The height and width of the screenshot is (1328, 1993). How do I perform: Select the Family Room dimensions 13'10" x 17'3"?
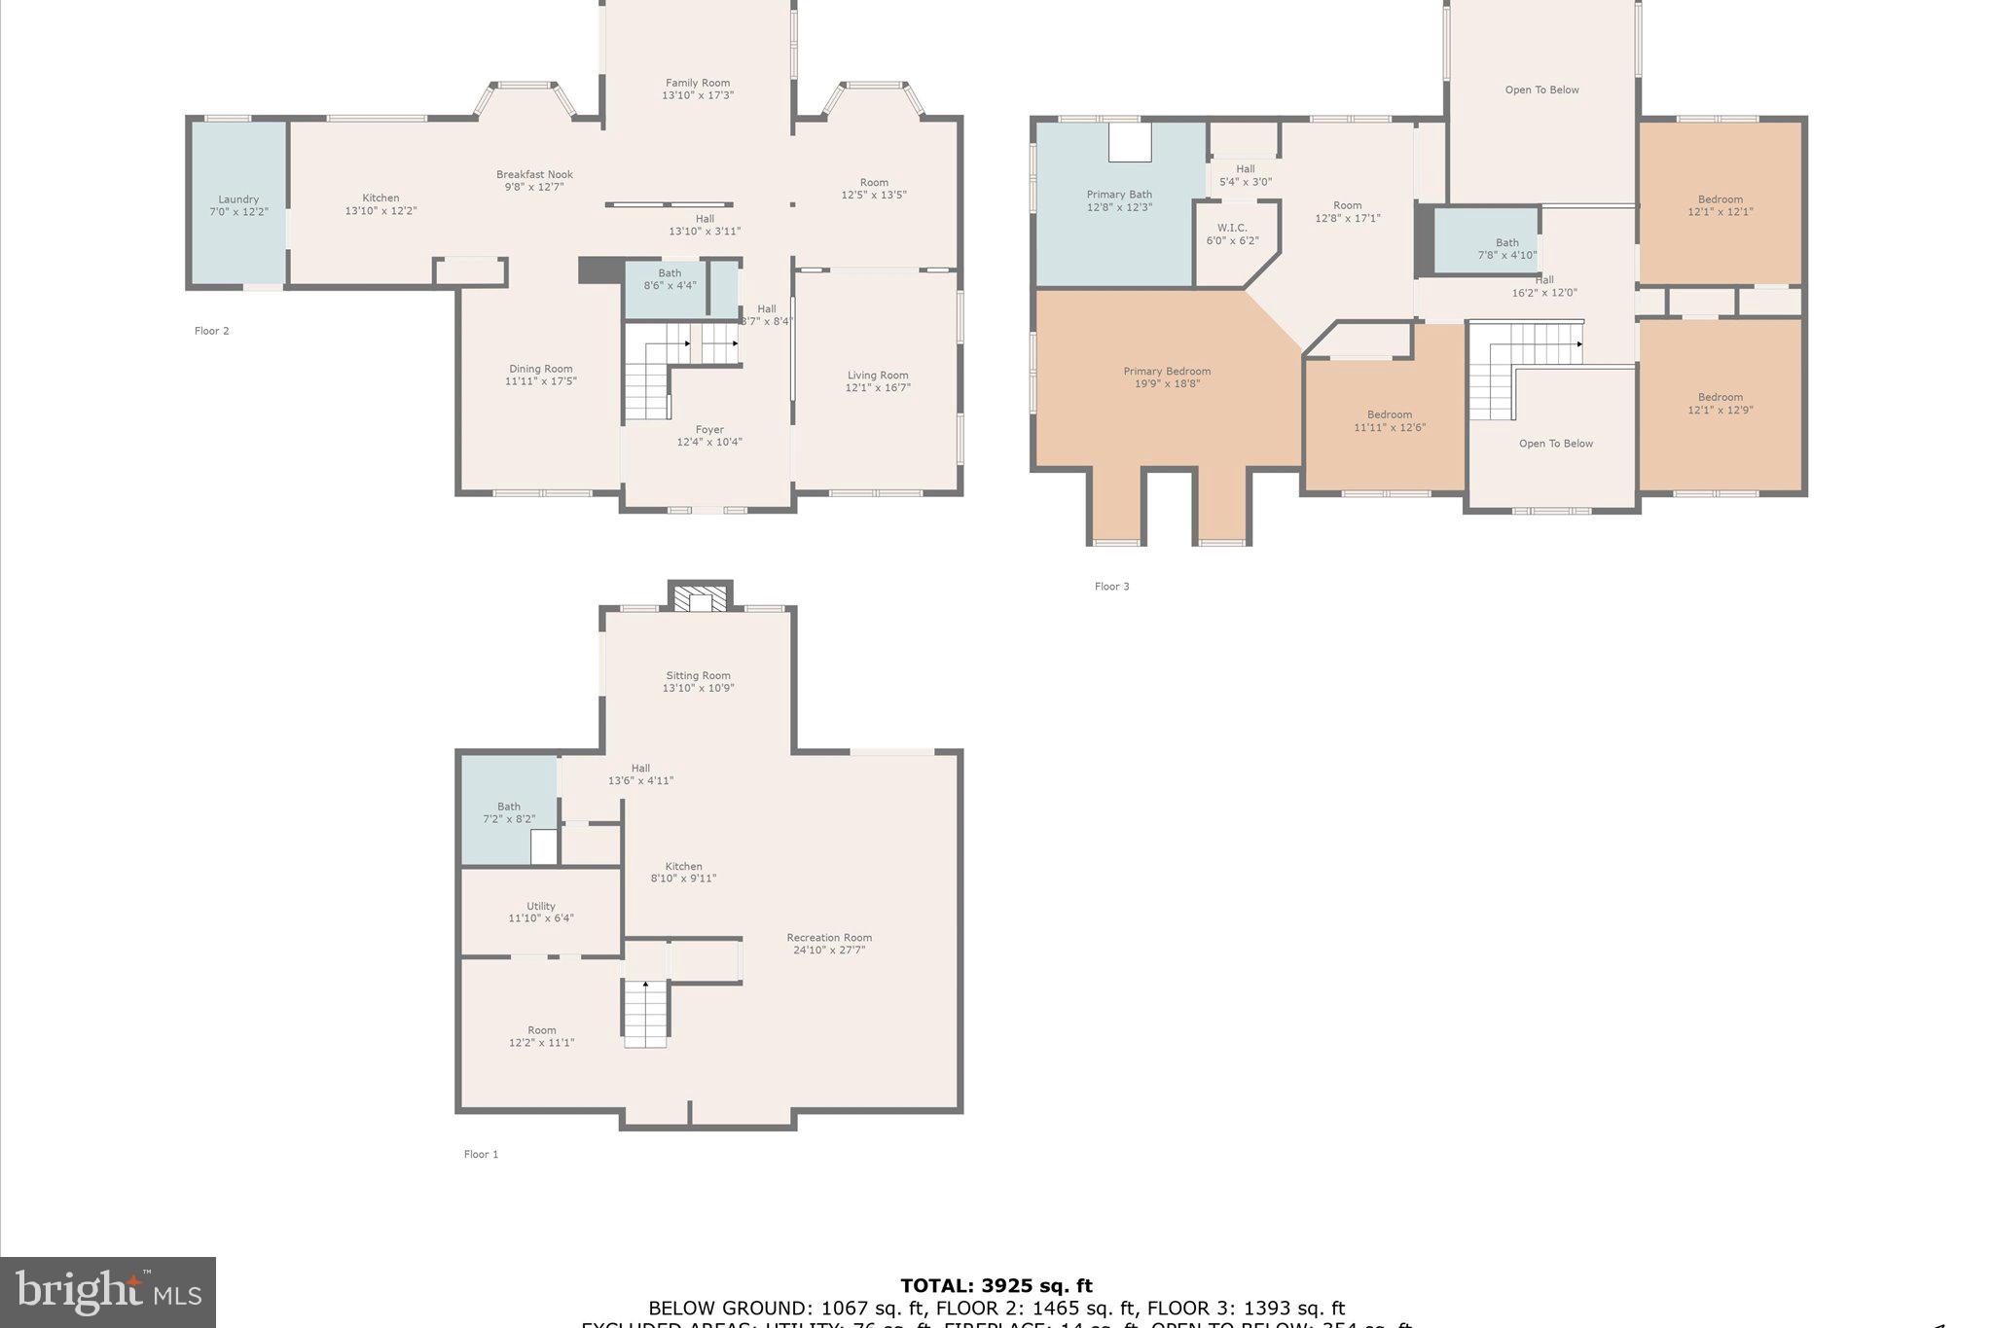click(x=698, y=95)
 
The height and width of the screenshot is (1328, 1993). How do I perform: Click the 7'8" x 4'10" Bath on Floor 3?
click(x=1507, y=249)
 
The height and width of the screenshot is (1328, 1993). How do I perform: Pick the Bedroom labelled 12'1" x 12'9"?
click(x=1721, y=403)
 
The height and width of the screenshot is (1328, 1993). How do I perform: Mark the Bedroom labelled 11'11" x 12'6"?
click(x=1390, y=420)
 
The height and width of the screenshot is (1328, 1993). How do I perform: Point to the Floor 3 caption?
click(x=1111, y=586)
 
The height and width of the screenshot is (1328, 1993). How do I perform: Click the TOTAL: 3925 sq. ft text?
click(x=996, y=1286)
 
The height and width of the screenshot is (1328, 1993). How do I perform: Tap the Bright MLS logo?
click(x=108, y=1292)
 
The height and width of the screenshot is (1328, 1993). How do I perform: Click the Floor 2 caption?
click(x=211, y=331)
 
